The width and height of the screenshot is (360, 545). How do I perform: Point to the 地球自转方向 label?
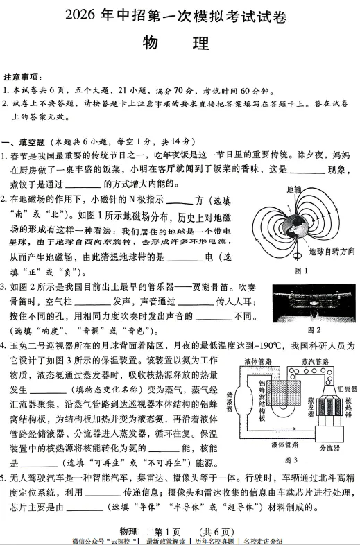(x=332, y=250)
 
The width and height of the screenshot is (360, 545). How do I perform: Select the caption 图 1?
(x=301, y=270)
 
